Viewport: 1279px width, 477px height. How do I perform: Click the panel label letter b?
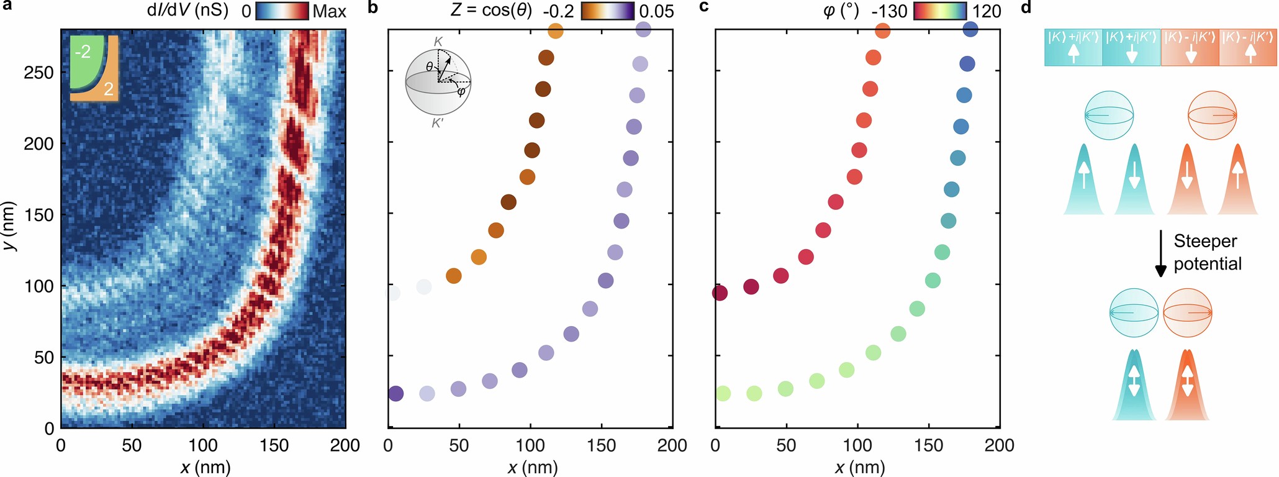(x=373, y=8)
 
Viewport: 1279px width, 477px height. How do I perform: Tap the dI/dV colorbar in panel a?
(x=282, y=11)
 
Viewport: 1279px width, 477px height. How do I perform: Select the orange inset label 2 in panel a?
(x=109, y=89)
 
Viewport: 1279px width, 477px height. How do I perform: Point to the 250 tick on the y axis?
(x=38, y=73)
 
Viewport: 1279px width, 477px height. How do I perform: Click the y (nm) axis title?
(x=9, y=227)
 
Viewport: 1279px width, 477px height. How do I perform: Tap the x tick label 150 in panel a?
(x=274, y=445)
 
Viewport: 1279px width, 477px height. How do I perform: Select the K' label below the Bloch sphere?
(x=438, y=123)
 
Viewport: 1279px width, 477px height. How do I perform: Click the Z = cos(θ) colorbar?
(x=608, y=11)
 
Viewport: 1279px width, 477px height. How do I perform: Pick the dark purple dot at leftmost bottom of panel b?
(x=395, y=393)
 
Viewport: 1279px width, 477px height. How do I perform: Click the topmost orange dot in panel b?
(x=556, y=30)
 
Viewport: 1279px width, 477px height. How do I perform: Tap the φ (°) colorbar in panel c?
(x=940, y=11)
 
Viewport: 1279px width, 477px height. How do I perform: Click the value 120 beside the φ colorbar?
(x=986, y=11)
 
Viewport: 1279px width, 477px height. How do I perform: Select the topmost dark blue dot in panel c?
(x=970, y=29)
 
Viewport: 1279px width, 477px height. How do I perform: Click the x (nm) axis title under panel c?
(x=860, y=467)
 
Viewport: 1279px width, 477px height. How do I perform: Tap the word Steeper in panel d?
(x=1205, y=241)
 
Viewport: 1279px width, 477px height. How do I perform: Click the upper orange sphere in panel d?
(x=1212, y=115)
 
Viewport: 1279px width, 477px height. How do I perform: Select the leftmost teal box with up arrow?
(x=1073, y=48)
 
